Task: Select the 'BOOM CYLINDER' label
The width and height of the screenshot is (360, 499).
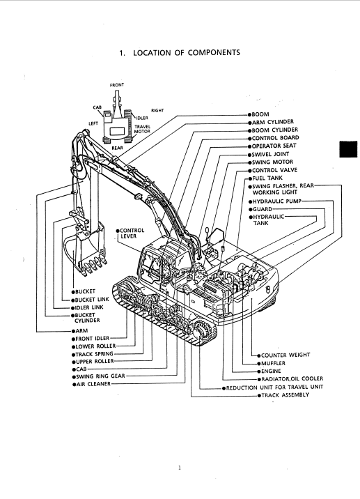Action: click(x=275, y=130)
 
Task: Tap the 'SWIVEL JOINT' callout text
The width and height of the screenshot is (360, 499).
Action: click(x=271, y=154)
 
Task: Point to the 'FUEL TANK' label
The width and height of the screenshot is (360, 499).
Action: click(x=267, y=178)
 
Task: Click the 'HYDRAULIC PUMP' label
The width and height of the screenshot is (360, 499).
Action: click(x=276, y=201)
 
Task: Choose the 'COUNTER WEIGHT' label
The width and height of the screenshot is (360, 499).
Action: click(x=285, y=355)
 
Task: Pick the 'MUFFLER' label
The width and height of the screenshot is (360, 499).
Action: click(x=273, y=363)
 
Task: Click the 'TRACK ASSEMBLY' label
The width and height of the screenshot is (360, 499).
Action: click(x=285, y=395)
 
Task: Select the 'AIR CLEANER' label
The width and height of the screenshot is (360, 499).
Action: click(x=93, y=384)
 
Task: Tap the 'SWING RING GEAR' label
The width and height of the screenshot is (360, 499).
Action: click(x=100, y=376)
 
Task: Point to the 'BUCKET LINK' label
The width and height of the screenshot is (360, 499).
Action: click(x=92, y=300)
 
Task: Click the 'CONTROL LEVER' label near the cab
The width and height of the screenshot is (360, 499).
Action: click(x=132, y=233)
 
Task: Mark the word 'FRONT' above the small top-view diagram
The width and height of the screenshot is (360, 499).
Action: click(x=117, y=85)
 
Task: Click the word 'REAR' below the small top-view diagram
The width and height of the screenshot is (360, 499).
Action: click(x=118, y=148)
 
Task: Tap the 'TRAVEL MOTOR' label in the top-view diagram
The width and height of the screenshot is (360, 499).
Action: click(x=142, y=129)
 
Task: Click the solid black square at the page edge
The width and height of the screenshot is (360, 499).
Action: click(x=348, y=149)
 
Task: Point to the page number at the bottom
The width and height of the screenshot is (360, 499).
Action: click(x=180, y=468)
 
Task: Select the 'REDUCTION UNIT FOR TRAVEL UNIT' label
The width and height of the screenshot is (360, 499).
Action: click(x=274, y=387)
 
